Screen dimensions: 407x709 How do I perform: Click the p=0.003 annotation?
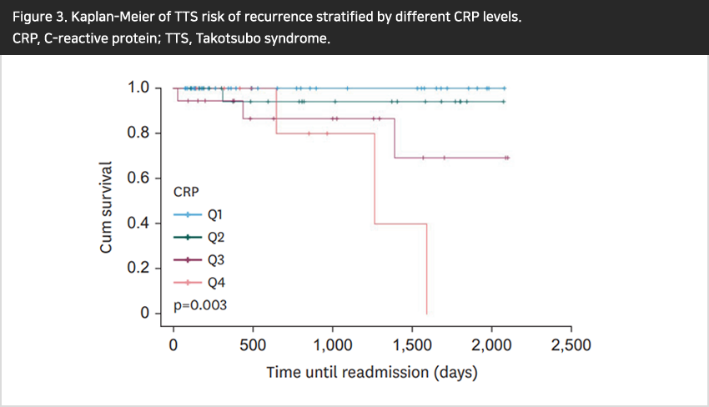click(x=200, y=305)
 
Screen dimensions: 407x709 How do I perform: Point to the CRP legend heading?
click(x=186, y=191)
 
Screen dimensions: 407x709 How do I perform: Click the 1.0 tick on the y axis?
click(x=139, y=88)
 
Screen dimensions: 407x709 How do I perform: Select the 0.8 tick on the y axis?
click(x=139, y=133)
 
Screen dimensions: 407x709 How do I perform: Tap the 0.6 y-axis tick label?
click(x=139, y=178)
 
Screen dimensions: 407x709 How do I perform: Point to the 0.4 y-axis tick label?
click(x=139, y=223)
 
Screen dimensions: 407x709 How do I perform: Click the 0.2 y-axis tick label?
click(x=139, y=269)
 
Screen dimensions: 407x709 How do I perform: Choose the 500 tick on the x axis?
click(x=253, y=344)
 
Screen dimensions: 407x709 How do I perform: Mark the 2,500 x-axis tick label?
click(x=571, y=344)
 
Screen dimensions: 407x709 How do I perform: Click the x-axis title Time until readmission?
click(x=372, y=372)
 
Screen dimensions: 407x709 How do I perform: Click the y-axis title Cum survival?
click(x=106, y=207)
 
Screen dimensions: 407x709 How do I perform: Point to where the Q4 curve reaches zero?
click(x=427, y=314)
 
